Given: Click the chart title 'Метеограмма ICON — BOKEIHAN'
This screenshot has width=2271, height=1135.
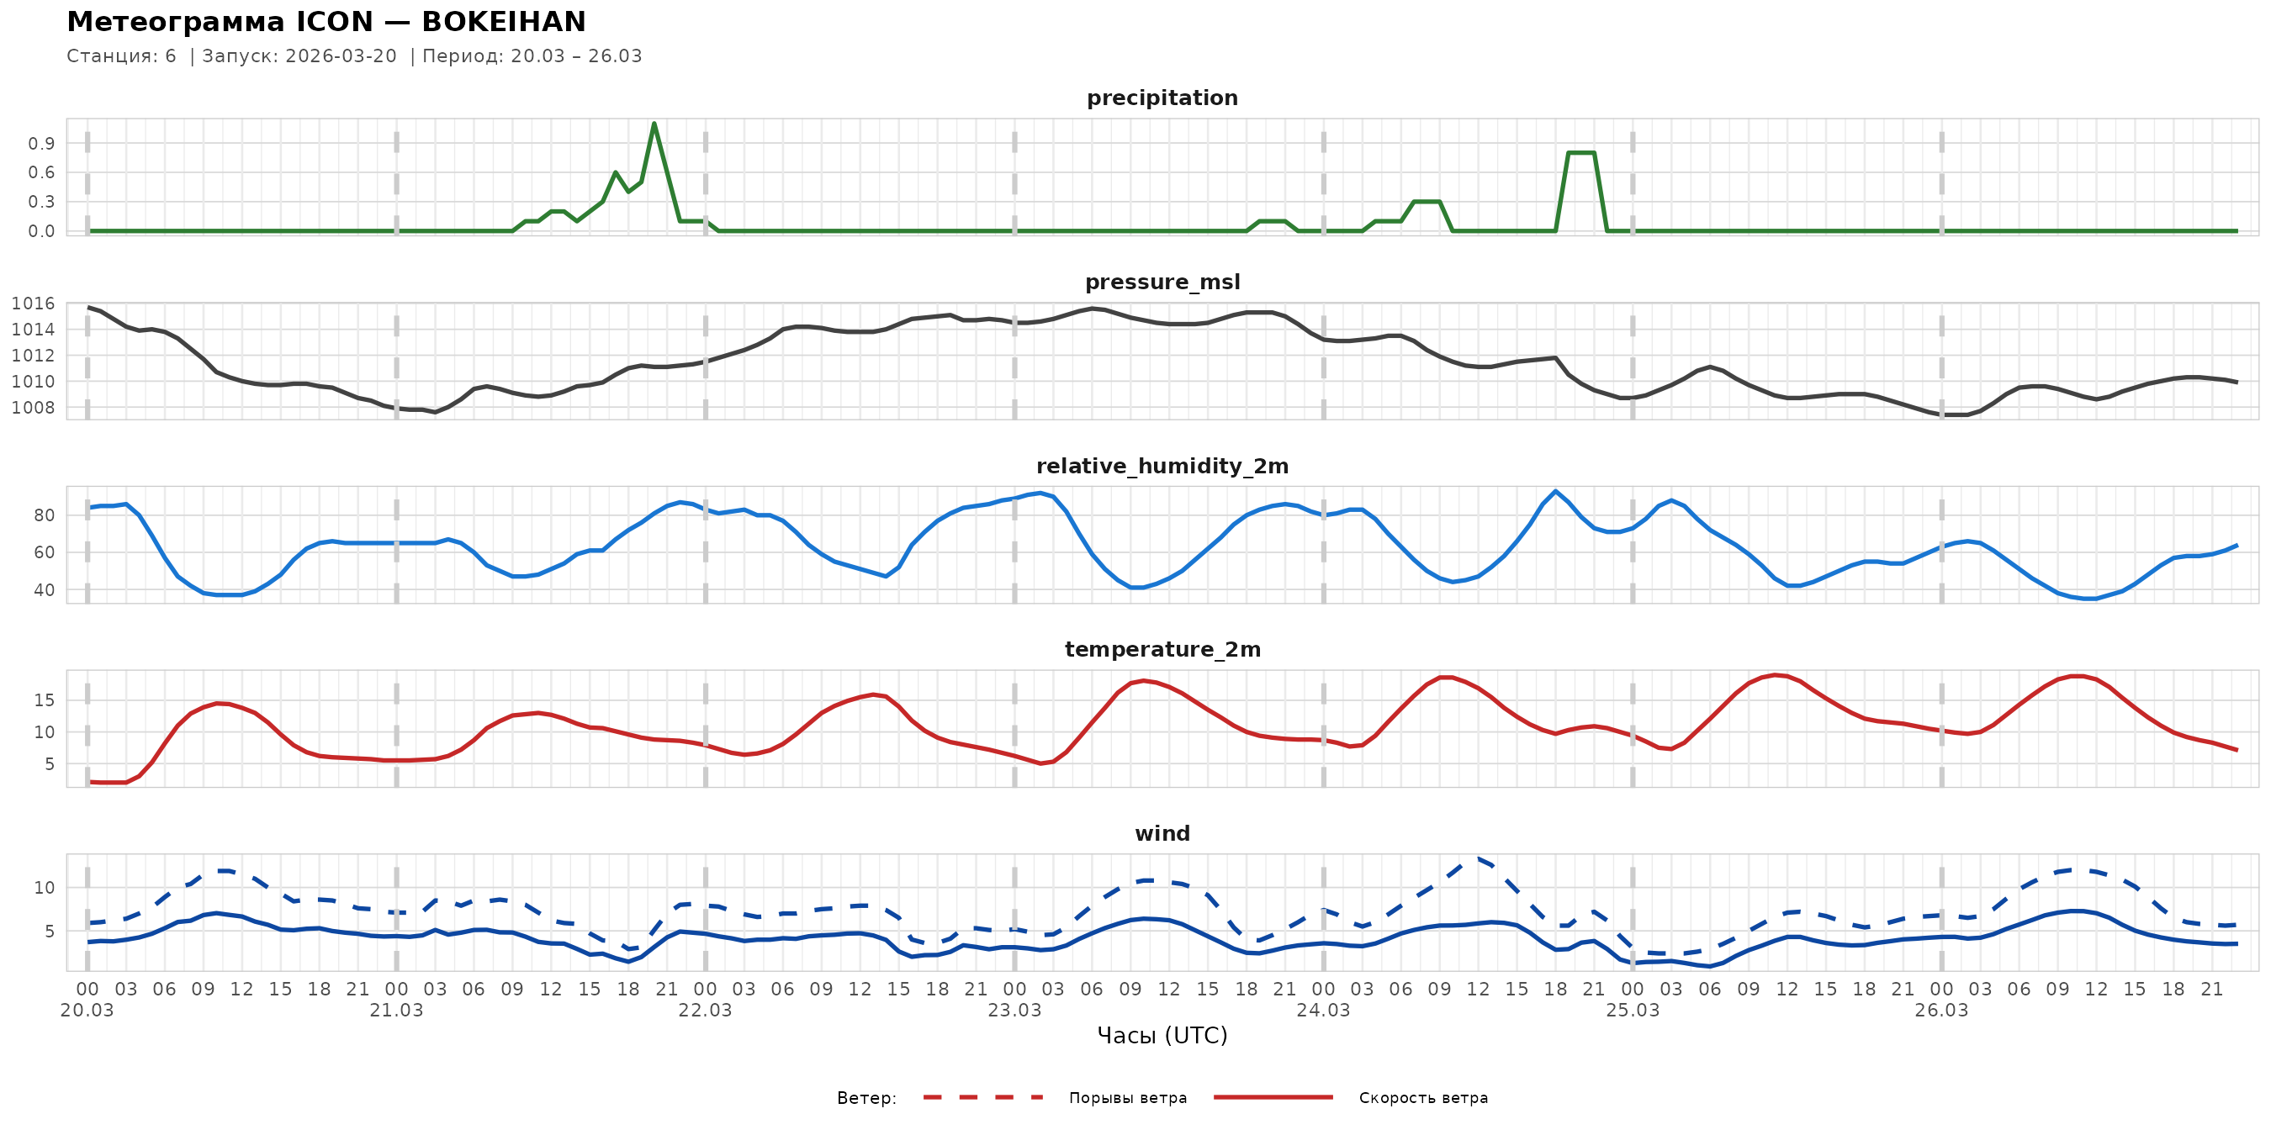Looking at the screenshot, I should tap(326, 22).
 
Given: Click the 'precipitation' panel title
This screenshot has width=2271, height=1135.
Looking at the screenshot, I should tap(1162, 98).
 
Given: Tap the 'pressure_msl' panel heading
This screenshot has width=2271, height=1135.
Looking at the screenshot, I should tap(1162, 282).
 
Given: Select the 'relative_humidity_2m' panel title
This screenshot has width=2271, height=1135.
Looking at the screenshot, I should tap(1162, 466).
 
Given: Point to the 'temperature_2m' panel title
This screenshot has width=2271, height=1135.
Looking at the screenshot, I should tap(1162, 649).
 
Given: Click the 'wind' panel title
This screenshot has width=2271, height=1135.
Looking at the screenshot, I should tap(1162, 834).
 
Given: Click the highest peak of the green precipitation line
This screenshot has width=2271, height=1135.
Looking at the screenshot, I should tap(654, 124).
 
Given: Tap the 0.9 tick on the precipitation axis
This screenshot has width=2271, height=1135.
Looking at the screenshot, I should tap(41, 144).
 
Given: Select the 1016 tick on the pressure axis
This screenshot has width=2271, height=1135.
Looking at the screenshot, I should tap(33, 304).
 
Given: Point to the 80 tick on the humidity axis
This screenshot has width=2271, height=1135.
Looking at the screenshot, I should tap(44, 515).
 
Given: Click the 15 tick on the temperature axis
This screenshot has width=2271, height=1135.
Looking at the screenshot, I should tap(44, 700).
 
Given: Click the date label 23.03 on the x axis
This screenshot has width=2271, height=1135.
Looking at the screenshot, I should tap(1014, 1011).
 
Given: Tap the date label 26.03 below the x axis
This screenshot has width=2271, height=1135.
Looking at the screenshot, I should tap(1941, 1011).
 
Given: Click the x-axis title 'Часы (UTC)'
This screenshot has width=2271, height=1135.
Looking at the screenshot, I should tap(1162, 1036).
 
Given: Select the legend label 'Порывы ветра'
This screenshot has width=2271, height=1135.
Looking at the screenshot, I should tap(1128, 1098).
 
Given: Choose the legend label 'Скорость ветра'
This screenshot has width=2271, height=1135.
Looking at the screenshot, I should tap(1423, 1098).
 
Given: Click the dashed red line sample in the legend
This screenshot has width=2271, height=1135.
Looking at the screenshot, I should tap(983, 1098).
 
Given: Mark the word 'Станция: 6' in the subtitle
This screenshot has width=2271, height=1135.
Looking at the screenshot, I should tap(122, 56).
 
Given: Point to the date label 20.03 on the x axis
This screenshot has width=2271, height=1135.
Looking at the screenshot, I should tap(87, 1011).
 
